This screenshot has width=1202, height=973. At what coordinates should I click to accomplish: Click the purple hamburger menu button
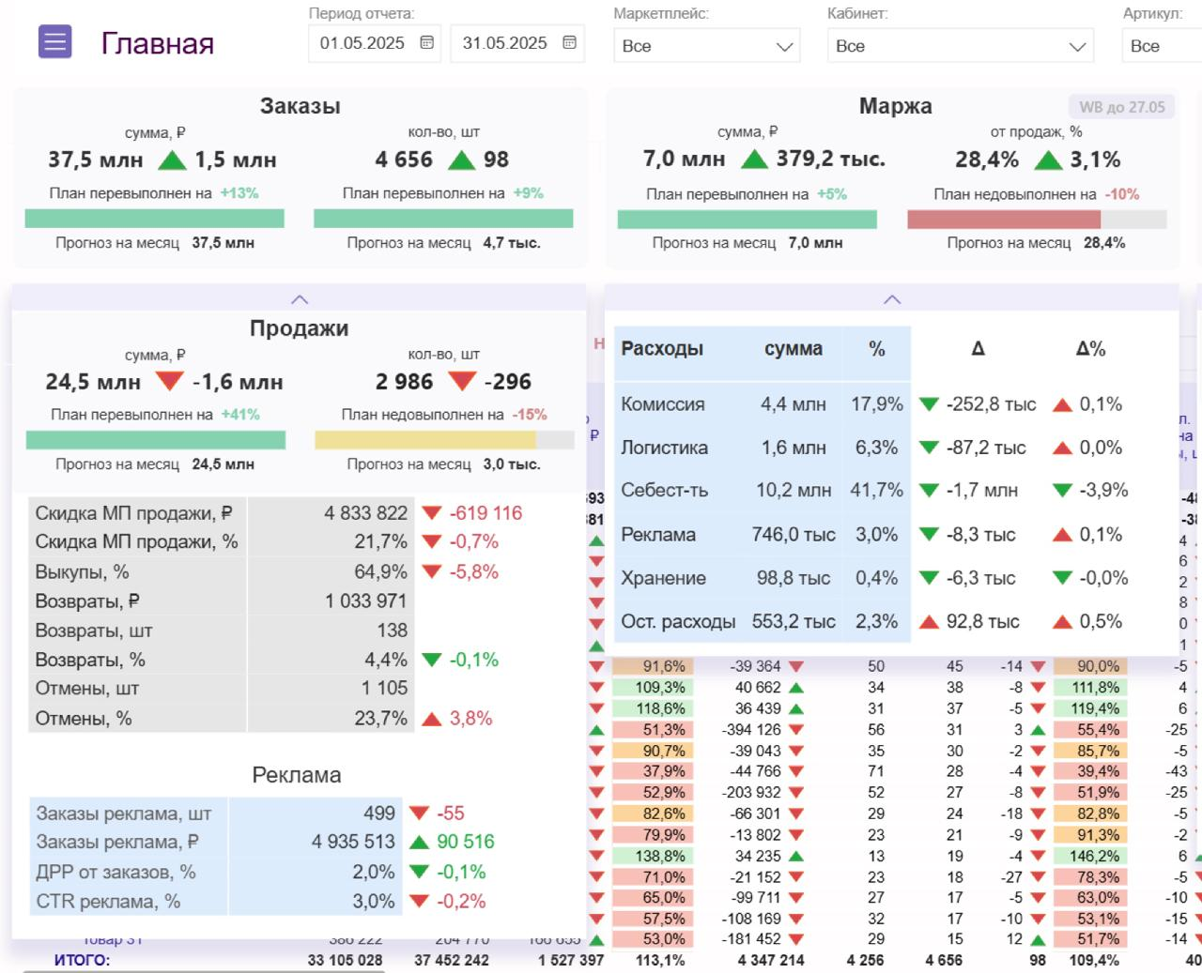(55, 42)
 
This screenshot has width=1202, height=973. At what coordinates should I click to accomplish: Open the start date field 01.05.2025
(362, 43)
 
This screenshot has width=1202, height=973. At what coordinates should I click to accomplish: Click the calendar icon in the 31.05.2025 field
(569, 43)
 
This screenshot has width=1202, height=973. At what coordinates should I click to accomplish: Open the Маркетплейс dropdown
(706, 46)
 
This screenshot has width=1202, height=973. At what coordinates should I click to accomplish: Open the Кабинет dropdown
(960, 46)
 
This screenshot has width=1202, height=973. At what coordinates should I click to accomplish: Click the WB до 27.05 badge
(1121, 107)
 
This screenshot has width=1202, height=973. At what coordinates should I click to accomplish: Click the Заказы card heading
(300, 106)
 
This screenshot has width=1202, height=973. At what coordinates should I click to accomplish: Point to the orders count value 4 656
(404, 160)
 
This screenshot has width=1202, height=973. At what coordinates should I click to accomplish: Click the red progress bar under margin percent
(1003, 220)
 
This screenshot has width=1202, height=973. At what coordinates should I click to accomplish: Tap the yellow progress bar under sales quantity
(424, 440)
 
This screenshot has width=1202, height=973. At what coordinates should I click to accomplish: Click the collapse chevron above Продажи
(300, 299)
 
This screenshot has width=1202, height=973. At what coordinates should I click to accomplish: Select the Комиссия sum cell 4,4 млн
(793, 404)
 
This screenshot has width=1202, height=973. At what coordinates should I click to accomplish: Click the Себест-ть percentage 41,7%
(876, 491)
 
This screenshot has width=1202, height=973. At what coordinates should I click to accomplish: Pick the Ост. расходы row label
(677, 621)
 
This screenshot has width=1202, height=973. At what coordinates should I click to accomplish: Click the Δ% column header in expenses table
(1089, 349)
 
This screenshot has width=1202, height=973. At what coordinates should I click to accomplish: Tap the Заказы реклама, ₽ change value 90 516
(465, 842)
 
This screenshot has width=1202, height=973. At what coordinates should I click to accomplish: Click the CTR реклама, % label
(108, 901)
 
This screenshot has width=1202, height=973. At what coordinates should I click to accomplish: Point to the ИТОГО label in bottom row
(82, 960)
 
